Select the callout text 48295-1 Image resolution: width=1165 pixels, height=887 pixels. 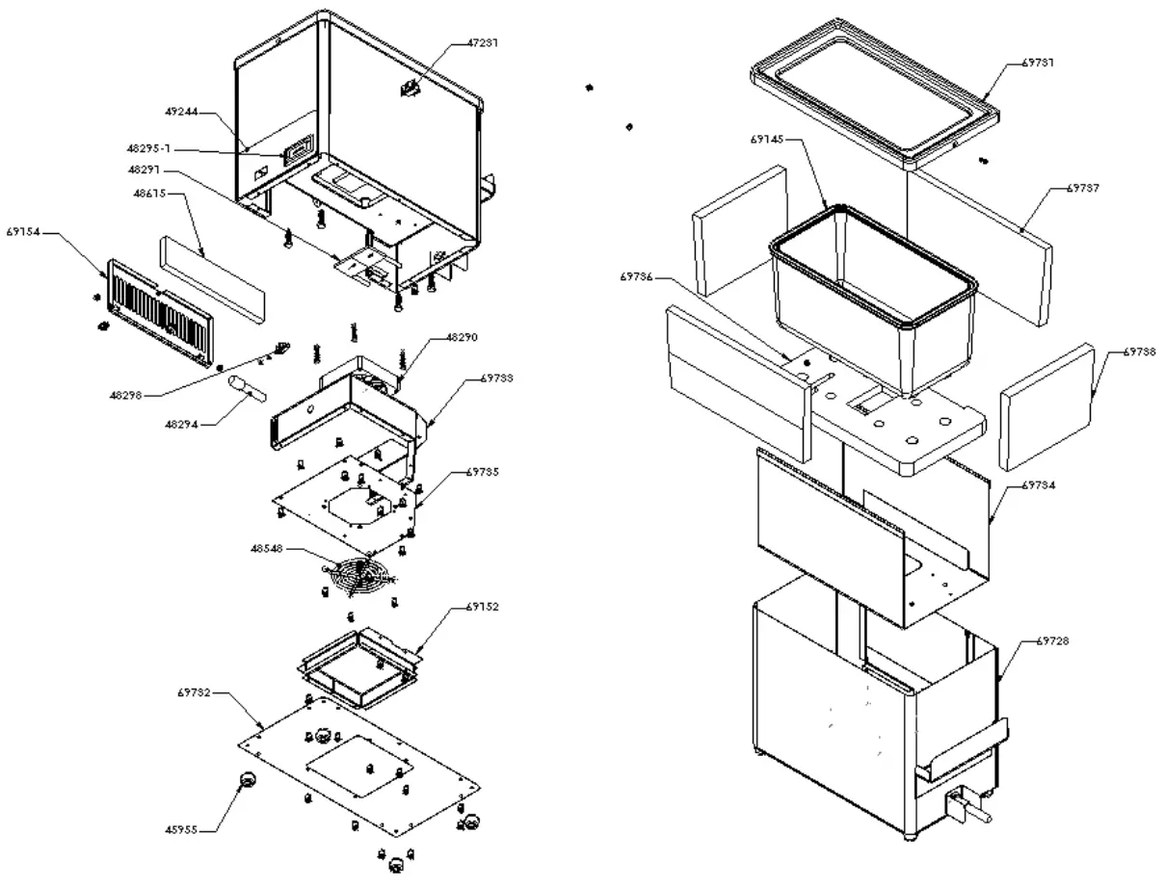[151, 148]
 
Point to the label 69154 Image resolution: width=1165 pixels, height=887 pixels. [20, 234]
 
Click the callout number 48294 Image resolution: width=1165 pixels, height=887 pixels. [182, 423]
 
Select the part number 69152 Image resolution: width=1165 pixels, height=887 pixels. [484, 607]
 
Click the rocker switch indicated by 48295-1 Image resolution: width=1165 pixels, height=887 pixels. [298, 151]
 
